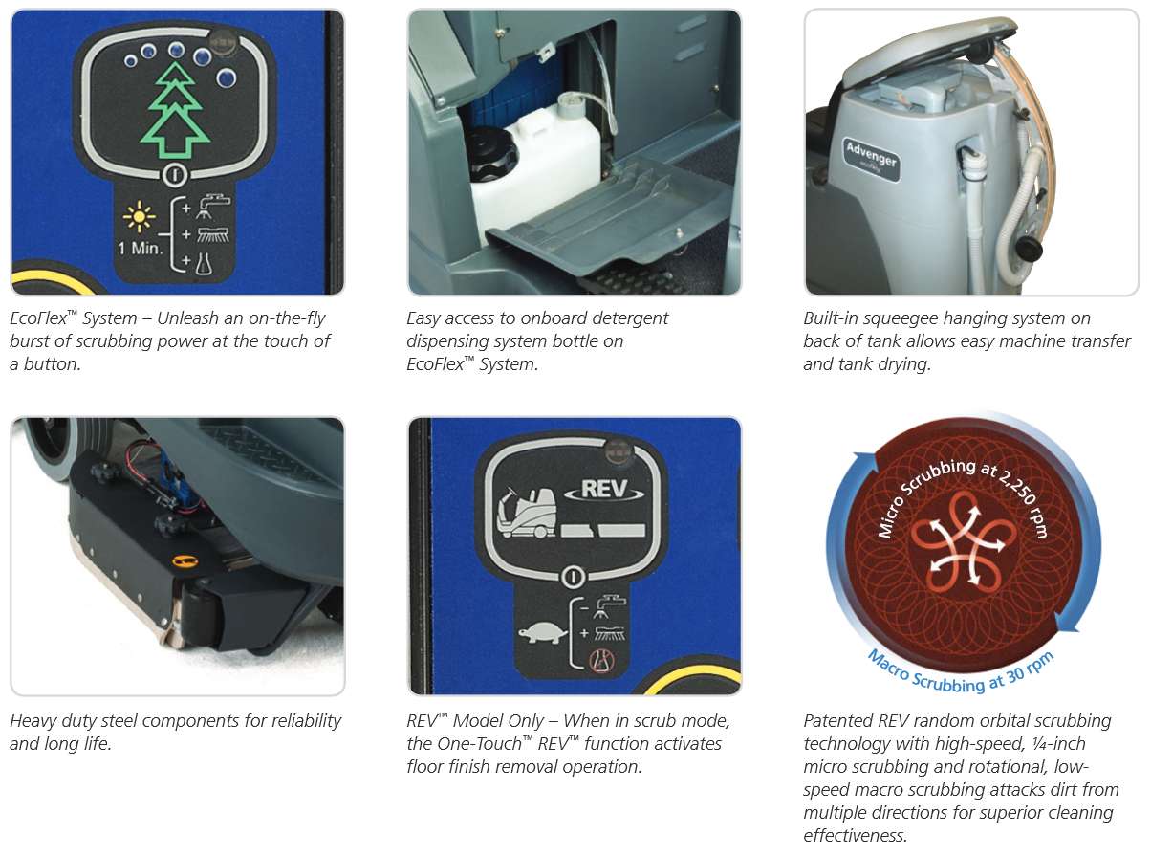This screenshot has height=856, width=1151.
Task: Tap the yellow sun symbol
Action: click(x=139, y=216)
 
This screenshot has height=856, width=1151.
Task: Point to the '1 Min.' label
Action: click(x=141, y=249)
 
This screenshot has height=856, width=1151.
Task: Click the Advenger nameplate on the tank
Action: click(x=871, y=160)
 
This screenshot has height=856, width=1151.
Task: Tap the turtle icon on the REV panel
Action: click(x=543, y=634)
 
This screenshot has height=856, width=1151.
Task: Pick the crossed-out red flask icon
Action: click(x=601, y=661)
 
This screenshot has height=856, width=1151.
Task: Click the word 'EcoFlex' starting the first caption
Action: click(x=38, y=318)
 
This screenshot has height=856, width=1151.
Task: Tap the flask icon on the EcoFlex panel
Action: click(x=204, y=263)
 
